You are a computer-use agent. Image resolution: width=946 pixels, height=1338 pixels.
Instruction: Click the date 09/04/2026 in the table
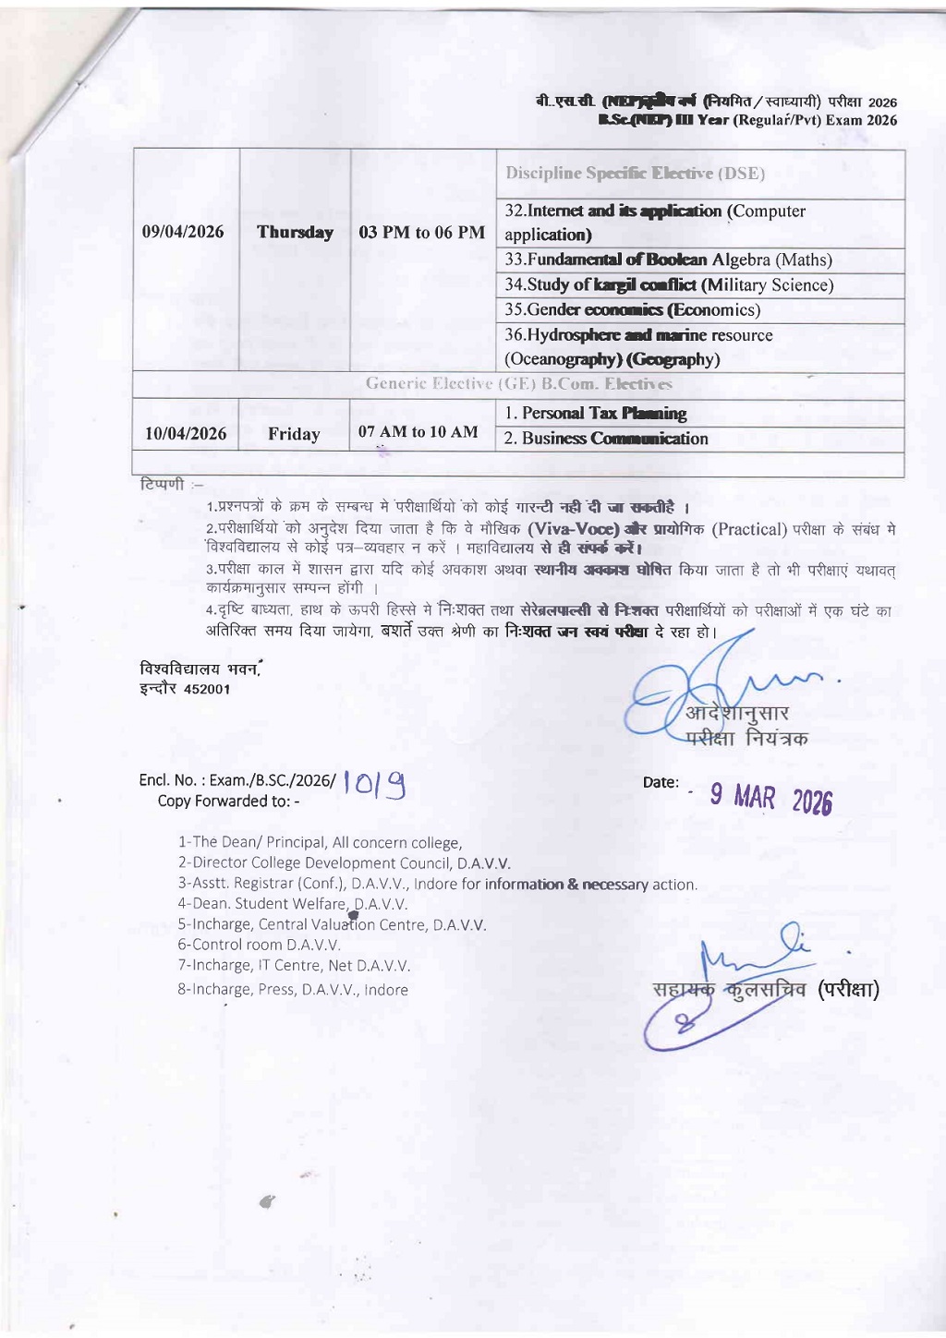[183, 232]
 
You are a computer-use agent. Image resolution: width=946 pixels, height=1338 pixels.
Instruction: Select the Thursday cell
[295, 232]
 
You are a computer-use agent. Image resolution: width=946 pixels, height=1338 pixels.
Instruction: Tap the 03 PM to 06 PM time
[421, 232]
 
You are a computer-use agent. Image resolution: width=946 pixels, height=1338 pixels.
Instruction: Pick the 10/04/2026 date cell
[186, 434]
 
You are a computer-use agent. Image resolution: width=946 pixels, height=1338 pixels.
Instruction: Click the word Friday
[294, 434]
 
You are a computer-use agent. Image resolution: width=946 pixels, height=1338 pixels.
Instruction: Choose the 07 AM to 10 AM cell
[418, 431]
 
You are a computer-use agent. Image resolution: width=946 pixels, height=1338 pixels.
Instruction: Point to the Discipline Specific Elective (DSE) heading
[635, 174]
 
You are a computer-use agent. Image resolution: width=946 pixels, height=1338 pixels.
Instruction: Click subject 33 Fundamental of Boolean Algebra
[668, 260]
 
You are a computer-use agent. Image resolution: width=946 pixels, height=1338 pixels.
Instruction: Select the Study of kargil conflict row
[669, 285]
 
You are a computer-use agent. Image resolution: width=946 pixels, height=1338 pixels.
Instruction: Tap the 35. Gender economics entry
[632, 310]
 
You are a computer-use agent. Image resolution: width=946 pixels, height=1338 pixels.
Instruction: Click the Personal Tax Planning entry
[595, 414]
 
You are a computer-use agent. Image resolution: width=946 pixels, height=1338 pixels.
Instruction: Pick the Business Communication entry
[606, 439]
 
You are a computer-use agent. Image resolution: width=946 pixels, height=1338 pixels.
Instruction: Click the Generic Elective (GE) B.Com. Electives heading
[518, 384]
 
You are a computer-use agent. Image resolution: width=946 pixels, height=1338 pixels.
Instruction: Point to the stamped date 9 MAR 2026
[770, 799]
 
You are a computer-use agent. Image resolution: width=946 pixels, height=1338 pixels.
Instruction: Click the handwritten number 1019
[374, 785]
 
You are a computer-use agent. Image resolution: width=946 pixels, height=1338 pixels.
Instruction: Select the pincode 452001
[207, 689]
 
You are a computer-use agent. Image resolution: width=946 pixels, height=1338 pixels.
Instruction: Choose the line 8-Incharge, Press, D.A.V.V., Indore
[293, 990]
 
